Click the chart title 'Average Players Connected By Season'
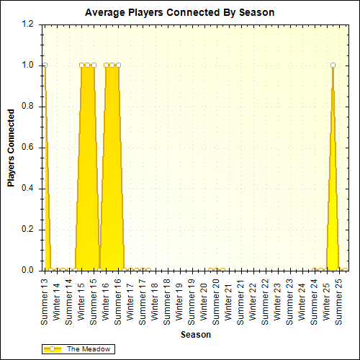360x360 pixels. [179, 12]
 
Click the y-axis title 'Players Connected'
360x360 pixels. [12, 148]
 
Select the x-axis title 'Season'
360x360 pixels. [195, 335]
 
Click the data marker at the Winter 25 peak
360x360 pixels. [333, 65]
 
